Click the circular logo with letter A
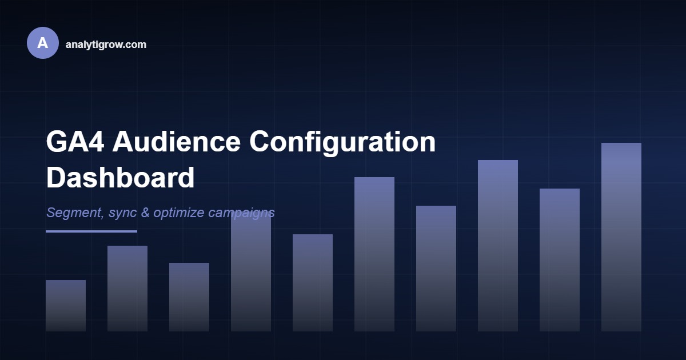[42, 43]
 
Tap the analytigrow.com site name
[106, 44]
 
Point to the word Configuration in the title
[342, 142]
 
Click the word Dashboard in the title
[120, 178]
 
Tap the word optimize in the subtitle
[179, 213]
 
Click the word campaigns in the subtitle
[241, 213]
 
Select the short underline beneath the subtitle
[91, 231]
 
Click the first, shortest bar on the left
[66, 306]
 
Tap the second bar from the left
[127, 289]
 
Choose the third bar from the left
[189, 297]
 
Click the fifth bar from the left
[313, 283]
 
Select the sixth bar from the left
[374, 254]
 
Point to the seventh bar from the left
[436, 269]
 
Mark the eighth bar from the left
[498, 246]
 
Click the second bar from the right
[560, 260]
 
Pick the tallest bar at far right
[621, 237]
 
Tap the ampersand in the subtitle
[145, 213]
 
